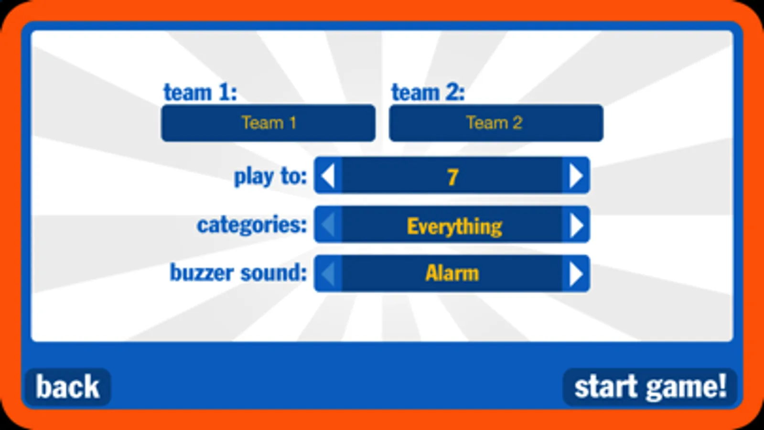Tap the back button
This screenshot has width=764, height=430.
tap(68, 387)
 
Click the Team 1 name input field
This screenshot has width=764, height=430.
tap(269, 123)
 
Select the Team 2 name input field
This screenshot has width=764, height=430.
tap(496, 123)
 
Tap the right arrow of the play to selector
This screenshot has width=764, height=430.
tap(576, 176)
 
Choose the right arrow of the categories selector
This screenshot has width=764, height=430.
tap(576, 225)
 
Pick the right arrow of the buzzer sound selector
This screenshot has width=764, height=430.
tap(576, 273)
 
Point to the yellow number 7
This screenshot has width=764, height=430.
tap(452, 177)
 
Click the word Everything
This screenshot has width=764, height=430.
tap(454, 226)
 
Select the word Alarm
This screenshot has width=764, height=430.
tap(452, 273)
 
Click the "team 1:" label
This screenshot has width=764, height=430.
tap(201, 92)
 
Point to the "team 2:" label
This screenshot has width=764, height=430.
tap(428, 92)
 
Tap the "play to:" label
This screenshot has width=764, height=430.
tap(270, 177)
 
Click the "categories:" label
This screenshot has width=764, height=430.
tap(252, 225)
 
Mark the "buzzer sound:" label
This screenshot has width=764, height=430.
tap(238, 273)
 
